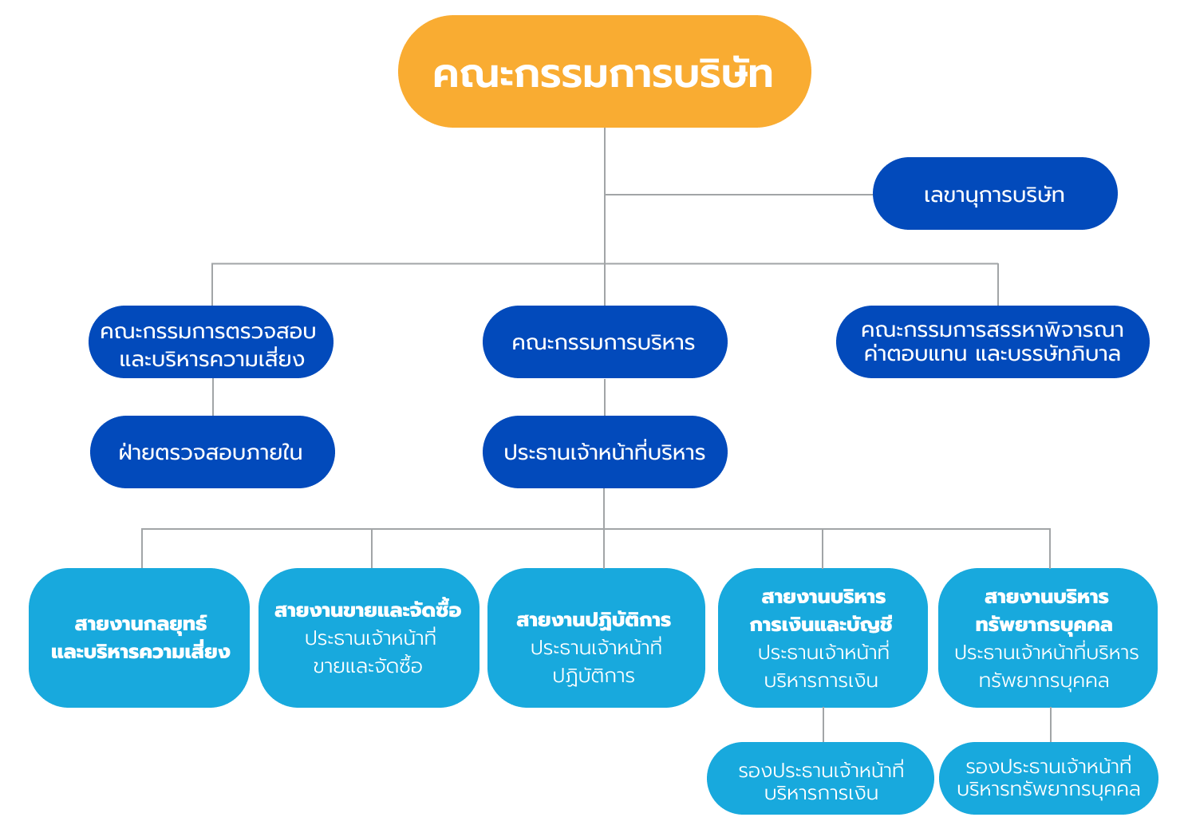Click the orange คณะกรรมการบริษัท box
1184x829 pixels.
pyautogui.click(x=604, y=72)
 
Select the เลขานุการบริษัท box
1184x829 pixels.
pyautogui.click(x=994, y=194)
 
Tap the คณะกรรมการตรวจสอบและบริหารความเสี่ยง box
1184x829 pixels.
pyautogui.click(x=211, y=342)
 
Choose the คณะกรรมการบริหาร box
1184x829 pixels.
pyautogui.click(x=604, y=342)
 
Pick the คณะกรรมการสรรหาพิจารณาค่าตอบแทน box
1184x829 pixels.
pyautogui.click(x=992, y=342)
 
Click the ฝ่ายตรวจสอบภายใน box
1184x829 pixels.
pyautogui.click(x=211, y=452)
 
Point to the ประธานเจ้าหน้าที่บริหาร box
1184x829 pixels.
pyautogui.click(x=604, y=452)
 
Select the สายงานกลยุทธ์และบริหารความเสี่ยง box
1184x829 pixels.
pyautogui.click(x=140, y=638)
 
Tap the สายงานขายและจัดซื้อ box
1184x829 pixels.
pyautogui.click(x=369, y=638)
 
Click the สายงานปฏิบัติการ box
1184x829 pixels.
pyautogui.click(x=595, y=638)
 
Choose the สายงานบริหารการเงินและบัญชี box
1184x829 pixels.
pyautogui.click(x=822, y=638)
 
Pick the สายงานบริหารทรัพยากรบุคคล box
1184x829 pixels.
pyautogui.click(x=1047, y=638)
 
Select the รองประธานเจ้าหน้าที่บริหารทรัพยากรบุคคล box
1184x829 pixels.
pyautogui.click(x=1048, y=778)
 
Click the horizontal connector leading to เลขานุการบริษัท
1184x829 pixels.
pyautogui.click(x=738, y=194)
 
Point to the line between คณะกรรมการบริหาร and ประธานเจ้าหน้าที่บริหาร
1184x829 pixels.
pyautogui.click(x=604, y=397)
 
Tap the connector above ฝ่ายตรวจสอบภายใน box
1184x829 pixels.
pyautogui.click(x=213, y=397)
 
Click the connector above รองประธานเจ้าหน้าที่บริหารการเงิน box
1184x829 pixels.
pyautogui.click(x=823, y=724)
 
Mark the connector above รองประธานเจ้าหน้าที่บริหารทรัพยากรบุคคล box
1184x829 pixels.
pyautogui.click(x=1051, y=724)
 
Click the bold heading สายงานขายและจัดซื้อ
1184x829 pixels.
pyautogui.click(x=368, y=610)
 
